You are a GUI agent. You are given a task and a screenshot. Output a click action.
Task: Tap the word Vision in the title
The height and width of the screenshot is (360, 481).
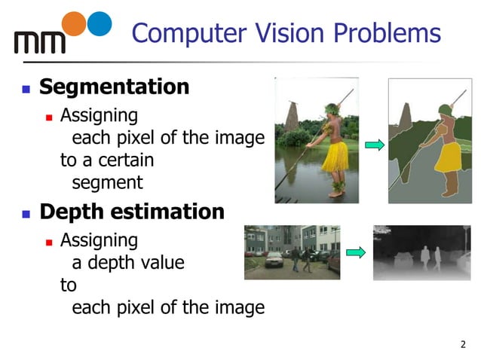[289, 33]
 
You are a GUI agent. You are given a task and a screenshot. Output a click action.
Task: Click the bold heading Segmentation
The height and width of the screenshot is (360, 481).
[114, 87]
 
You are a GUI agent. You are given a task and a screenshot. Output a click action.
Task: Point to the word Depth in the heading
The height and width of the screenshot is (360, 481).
[72, 212]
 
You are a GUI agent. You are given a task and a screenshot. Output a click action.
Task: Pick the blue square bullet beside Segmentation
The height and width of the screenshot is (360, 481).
[25, 89]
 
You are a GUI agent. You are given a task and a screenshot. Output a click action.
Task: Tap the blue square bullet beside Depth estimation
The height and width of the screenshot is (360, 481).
[25, 214]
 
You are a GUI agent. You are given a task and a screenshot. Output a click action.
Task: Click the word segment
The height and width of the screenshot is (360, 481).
[107, 182]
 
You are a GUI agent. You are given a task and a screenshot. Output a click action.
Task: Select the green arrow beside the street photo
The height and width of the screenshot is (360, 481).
[356, 252]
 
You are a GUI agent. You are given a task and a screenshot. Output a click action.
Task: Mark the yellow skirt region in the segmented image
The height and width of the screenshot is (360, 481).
[448, 157]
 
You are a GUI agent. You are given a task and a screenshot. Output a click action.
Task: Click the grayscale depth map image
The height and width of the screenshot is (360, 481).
[421, 252]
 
